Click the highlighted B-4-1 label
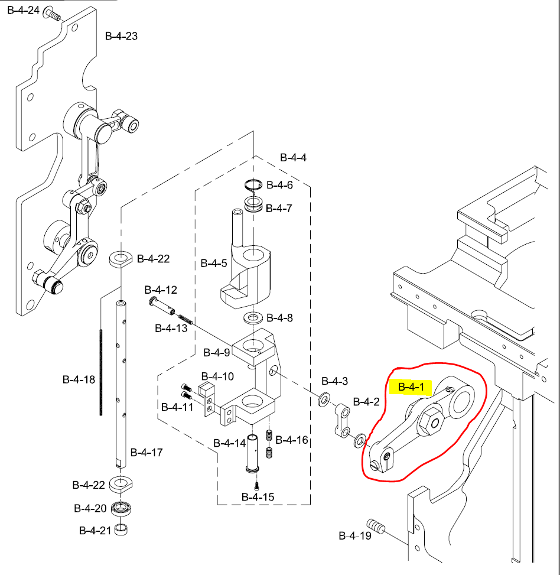pyautogui.click(x=411, y=388)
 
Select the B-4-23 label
pyautogui.click(x=121, y=36)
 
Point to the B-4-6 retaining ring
pyautogui.click(x=254, y=185)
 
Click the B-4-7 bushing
pyautogui.click(x=255, y=206)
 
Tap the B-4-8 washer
pyautogui.click(x=253, y=319)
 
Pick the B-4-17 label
pyautogui.click(x=146, y=453)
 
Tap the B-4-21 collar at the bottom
pyautogui.click(x=122, y=528)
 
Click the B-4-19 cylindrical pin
pyautogui.click(x=376, y=525)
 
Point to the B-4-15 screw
pyautogui.click(x=257, y=486)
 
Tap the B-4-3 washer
pyautogui.click(x=324, y=399)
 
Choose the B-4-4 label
pyautogui.click(x=293, y=158)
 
